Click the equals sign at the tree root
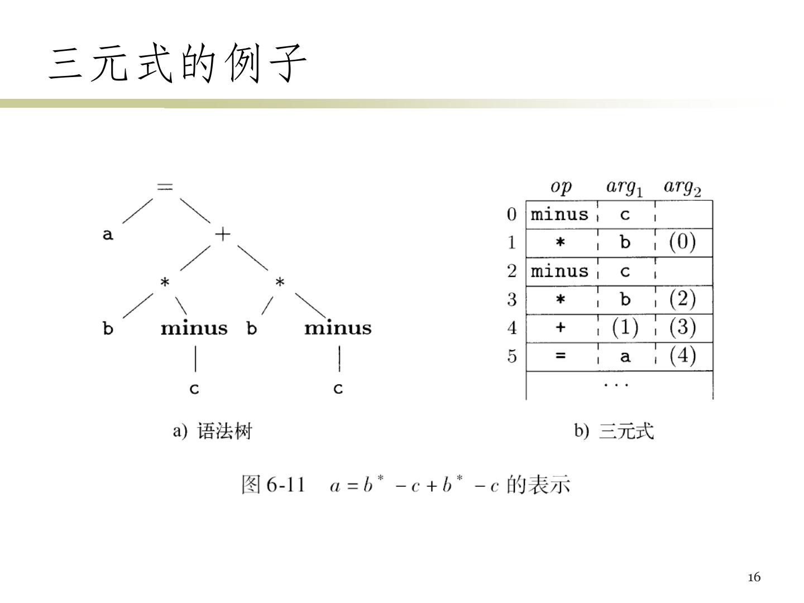point(165,186)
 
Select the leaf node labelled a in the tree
point(108,234)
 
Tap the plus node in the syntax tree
point(222,234)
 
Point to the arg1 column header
point(624,188)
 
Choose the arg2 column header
point(682,188)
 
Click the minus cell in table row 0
point(560,214)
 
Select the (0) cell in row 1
point(682,242)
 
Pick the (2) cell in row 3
point(682,299)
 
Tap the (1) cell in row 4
point(625,328)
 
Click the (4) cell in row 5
point(682,356)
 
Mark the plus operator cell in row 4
point(561,328)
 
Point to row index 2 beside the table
point(511,271)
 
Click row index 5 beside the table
point(511,356)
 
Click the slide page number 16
point(754,577)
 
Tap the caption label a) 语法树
point(213,432)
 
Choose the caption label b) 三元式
point(614,431)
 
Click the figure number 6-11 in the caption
point(285,485)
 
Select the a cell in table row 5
point(625,356)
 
